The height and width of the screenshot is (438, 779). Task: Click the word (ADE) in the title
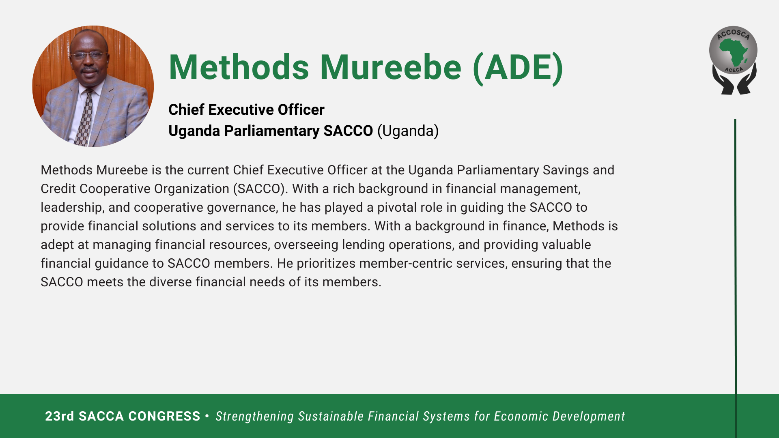[518, 68]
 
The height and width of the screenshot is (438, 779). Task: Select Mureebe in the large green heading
[391, 67]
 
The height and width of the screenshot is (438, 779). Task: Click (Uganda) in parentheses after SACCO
[408, 131]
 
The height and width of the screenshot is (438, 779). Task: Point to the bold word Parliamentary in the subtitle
[271, 131]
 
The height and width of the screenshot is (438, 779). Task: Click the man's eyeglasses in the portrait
[89, 56]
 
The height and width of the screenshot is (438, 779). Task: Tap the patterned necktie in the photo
[84, 117]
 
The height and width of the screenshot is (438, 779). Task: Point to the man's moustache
[88, 70]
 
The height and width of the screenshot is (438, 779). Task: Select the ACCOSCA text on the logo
[733, 34]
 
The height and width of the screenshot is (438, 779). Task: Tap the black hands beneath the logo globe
[734, 80]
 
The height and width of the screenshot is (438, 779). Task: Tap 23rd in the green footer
[60, 417]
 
